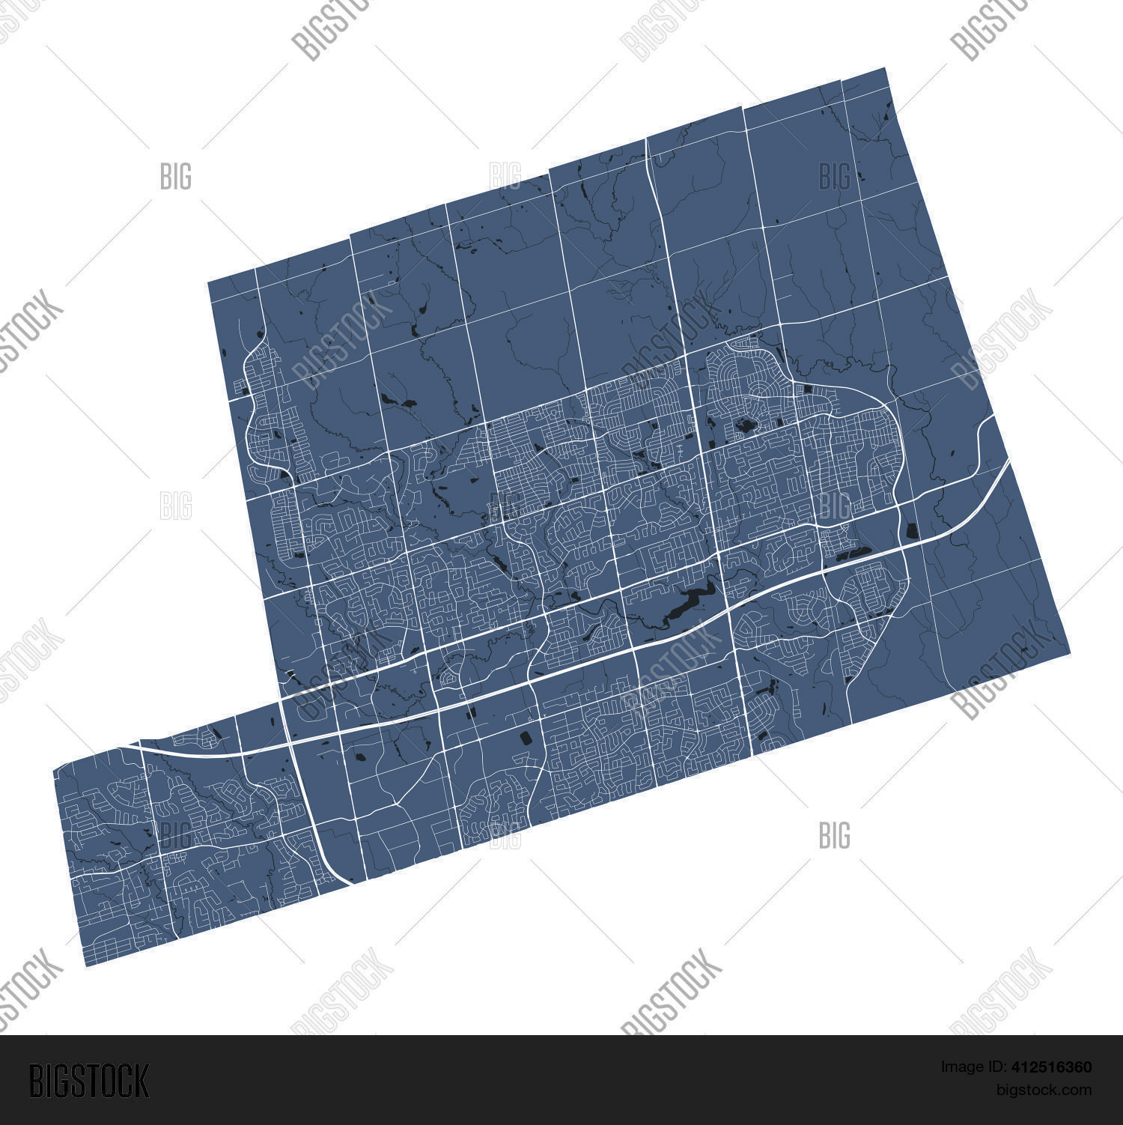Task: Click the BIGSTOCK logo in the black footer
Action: (89, 1081)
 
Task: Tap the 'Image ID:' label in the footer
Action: (971, 1067)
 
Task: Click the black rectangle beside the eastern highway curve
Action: (912, 531)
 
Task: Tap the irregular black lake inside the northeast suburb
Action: (745, 428)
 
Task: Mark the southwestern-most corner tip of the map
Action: (87, 966)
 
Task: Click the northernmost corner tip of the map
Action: (886, 68)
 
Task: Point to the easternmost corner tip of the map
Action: (1070, 652)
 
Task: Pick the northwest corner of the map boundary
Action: (208, 282)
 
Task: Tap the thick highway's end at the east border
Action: (1010, 462)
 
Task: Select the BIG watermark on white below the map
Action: (834, 835)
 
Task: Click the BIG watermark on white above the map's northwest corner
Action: (176, 177)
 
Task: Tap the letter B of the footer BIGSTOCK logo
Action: (37, 1081)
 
